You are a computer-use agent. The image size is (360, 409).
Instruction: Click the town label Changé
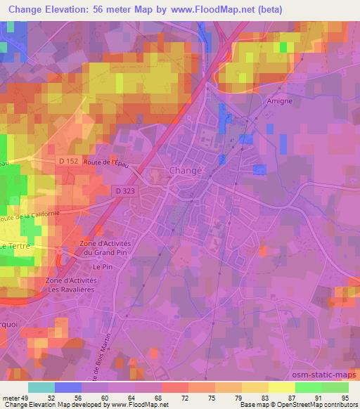click(x=186, y=171)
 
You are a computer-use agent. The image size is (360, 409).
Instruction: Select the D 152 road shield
click(x=67, y=162)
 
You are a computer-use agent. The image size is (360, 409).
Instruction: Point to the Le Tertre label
click(x=13, y=247)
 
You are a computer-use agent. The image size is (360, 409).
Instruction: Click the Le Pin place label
click(x=103, y=267)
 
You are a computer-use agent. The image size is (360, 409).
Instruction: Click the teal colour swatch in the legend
click(x=41, y=387)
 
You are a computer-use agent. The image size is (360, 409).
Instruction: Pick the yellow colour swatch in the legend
click(x=281, y=387)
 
